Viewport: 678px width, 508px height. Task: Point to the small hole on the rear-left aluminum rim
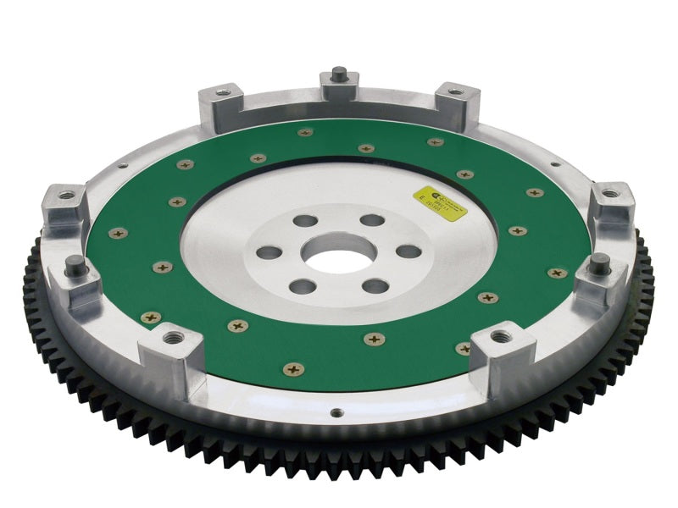[124, 166]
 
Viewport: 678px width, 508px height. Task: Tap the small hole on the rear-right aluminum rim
[555, 164]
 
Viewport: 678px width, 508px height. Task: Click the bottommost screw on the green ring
[293, 369]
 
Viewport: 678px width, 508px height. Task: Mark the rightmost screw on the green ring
[557, 273]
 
